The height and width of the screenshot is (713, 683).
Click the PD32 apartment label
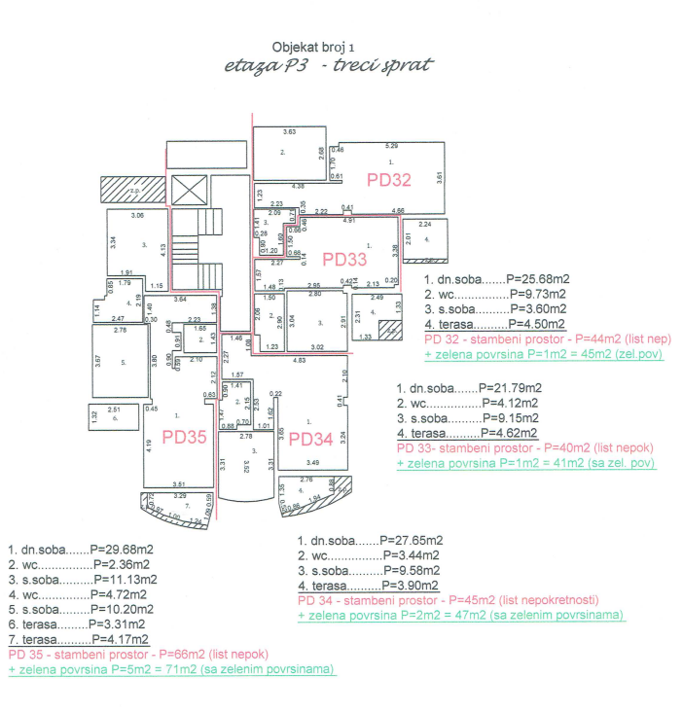(388, 180)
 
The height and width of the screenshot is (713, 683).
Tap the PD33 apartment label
(345, 259)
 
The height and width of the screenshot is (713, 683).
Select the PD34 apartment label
(311, 440)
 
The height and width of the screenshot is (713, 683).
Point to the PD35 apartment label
(185, 437)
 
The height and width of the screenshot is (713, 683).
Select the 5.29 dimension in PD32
(392, 145)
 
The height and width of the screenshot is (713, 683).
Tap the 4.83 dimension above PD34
(302, 361)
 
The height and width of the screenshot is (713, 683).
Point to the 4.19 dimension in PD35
(148, 448)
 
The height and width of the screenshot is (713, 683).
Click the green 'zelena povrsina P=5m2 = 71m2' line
(171, 669)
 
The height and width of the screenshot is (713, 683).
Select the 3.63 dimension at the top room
(289, 131)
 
